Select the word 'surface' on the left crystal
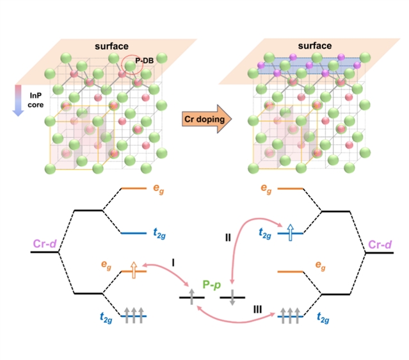(x=113, y=45)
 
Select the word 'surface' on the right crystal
(x=314, y=45)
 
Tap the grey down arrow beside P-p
(x=232, y=298)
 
